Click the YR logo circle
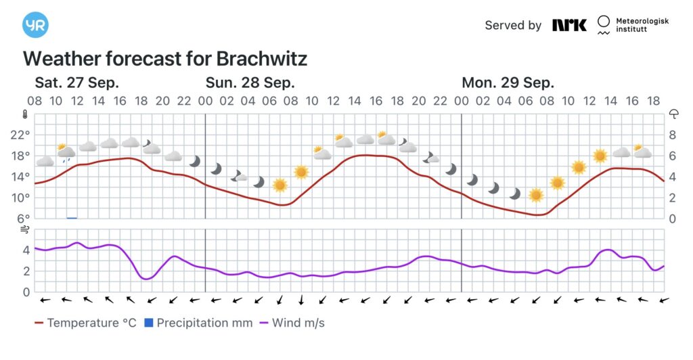click(35, 25)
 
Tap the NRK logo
click(569, 25)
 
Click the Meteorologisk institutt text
click(642, 26)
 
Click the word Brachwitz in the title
click(261, 59)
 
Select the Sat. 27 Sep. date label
click(77, 83)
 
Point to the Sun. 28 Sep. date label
click(250, 83)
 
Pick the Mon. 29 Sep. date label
click(508, 83)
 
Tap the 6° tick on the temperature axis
click(24, 219)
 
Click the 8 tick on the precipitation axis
click(673, 135)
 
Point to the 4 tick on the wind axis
click(26, 250)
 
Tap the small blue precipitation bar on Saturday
click(72, 217)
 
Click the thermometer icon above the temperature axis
click(25, 114)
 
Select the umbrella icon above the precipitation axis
click(673, 114)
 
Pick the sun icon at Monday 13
click(600, 156)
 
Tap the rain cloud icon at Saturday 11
click(66, 152)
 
